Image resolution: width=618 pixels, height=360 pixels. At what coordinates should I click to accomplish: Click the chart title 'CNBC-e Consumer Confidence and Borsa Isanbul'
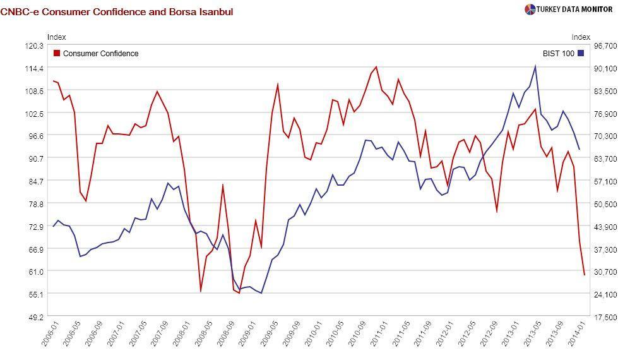tap(117, 11)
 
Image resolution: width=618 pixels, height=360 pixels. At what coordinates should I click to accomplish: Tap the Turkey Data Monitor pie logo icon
tap(530, 9)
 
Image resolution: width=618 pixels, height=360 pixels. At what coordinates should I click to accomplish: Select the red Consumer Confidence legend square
tap(57, 54)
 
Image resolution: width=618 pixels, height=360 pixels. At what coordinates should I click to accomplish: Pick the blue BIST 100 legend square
tap(581, 54)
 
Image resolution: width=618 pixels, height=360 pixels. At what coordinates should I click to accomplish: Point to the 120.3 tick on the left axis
tap(34, 45)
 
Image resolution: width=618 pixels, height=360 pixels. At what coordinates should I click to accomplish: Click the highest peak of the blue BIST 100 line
tap(535, 66)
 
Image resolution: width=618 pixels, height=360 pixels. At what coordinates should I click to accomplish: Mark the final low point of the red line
tap(585, 274)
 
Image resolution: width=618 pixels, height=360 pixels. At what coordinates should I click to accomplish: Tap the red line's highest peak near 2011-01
tap(376, 67)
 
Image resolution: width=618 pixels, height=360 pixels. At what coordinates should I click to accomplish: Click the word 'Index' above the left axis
tap(56, 37)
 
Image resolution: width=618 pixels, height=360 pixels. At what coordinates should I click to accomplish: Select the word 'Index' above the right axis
tap(581, 37)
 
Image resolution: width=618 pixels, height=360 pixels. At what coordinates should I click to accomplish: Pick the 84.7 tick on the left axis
tap(34, 181)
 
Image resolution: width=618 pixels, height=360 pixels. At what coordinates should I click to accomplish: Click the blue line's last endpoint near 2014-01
tap(579, 149)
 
